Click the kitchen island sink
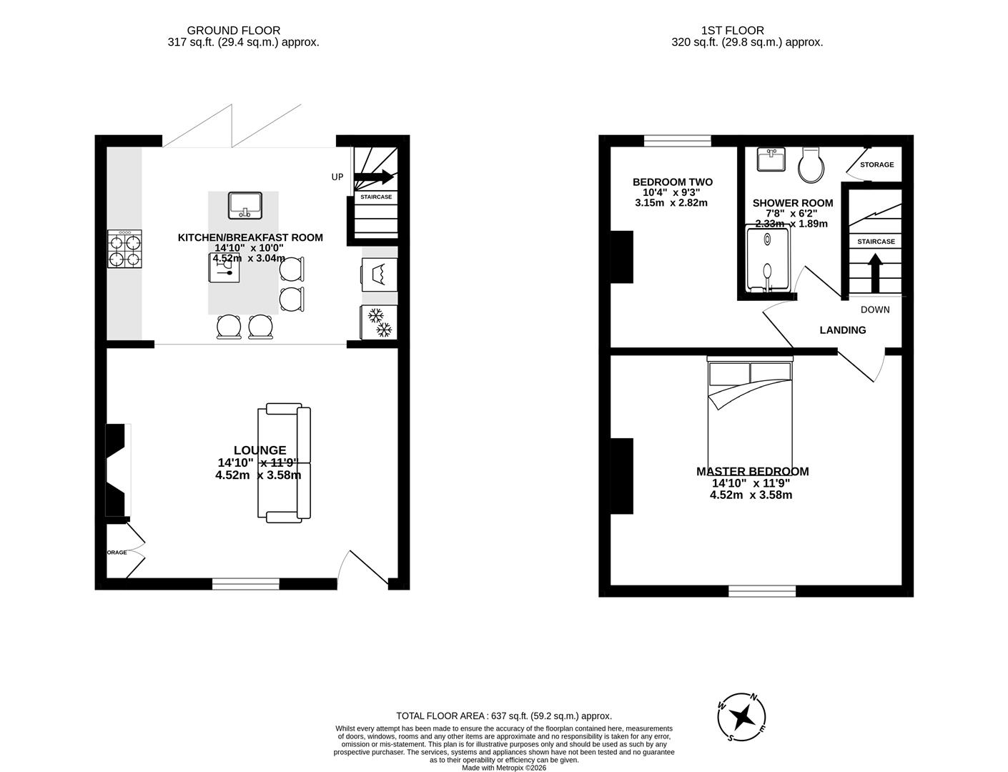[245, 206]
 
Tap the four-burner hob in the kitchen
[124, 249]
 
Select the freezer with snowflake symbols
[379, 322]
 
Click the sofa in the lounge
[285, 462]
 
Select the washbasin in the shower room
[771, 159]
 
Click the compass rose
[743, 716]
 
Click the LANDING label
[842, 330]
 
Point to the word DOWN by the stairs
[875, 310]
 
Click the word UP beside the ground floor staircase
[337, 177]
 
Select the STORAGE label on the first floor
[876, 164]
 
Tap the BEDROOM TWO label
[672, 182]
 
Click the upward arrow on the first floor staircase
[874, 272]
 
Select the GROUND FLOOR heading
[233, 31]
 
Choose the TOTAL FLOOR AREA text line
[504, 716]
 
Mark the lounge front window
[245, 584]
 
